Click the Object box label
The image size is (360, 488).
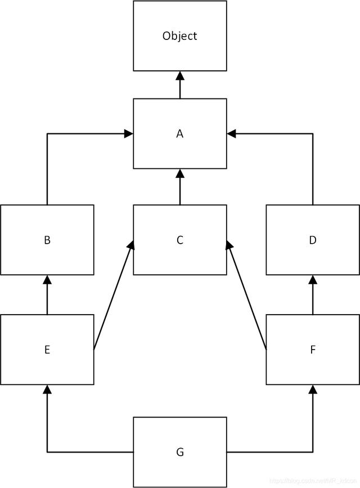(180, 36)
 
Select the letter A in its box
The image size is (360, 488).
(180, 134)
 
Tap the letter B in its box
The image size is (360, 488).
(47, 240)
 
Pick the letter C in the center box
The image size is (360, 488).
(180, 240)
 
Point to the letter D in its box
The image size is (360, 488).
(313, 240)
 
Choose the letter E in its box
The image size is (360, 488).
(47, 350)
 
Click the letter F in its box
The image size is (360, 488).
(313, 350)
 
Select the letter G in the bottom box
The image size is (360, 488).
(180, 452)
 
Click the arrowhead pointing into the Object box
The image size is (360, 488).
(180, 75)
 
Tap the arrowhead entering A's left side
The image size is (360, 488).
(129, 134)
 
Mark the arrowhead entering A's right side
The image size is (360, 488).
(231, 134)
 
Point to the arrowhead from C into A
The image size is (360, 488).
(180, 173)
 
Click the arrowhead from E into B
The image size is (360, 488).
(47, 279)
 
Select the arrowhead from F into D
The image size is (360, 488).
(313, 279)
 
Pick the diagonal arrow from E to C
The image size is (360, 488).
(113, 296)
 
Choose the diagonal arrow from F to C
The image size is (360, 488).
(247, 296)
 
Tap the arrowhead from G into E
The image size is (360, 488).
(47, 389)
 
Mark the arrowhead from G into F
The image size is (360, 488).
(313, 389)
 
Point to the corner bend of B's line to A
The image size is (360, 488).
(47, 134)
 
